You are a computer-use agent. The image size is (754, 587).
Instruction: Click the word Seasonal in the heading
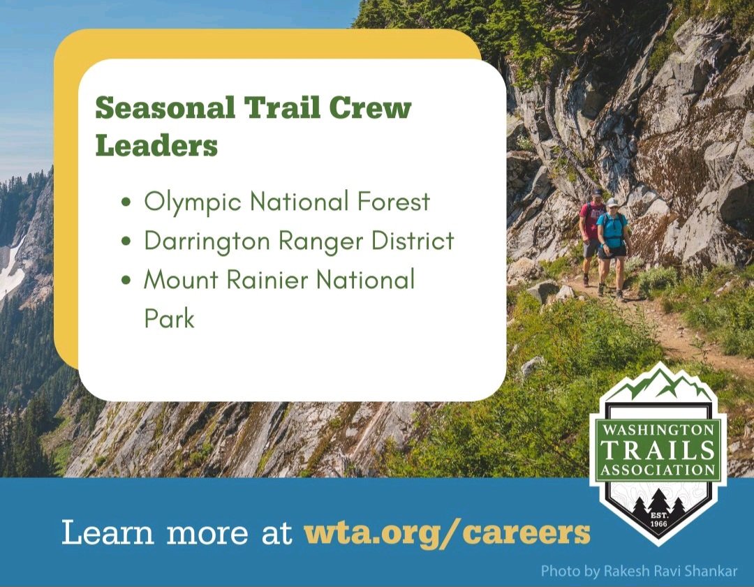(165, 107)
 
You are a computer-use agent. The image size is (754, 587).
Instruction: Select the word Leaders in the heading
(157, 144)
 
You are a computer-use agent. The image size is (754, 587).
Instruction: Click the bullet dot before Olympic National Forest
(126, 202)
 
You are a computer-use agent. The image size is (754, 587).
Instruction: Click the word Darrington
(207, 240)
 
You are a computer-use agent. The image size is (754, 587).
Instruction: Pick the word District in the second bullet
(413, 239)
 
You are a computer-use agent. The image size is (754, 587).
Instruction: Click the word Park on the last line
(169, 318)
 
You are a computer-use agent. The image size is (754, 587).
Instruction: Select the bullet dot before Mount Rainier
(126, 281)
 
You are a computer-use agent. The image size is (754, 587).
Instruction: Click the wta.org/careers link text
(448, 533)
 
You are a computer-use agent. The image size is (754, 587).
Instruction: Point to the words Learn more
(155, 533)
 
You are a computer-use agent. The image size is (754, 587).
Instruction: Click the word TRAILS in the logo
(658, 450)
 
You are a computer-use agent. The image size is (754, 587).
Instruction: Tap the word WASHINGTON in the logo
(658, 429)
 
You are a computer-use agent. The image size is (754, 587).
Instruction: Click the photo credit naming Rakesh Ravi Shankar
(639, 571)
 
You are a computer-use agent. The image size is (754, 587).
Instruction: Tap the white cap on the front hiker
(612, 202)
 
